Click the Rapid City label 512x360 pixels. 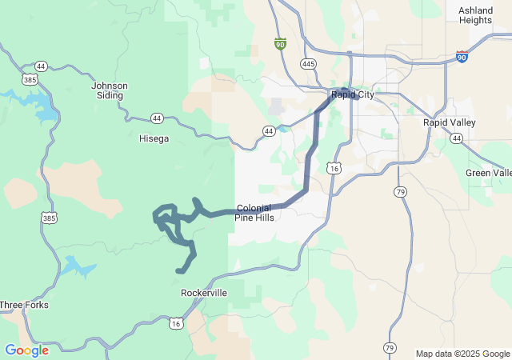353,96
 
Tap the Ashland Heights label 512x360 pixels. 475,15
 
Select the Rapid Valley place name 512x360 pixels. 449,122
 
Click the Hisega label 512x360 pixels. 154,138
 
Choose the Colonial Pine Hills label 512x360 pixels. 254,213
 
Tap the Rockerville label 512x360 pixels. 204,293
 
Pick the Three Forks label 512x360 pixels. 24,305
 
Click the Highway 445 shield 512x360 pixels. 309,63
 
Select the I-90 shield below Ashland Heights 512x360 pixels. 462,56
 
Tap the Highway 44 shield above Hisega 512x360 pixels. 157,118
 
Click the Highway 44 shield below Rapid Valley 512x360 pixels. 456,138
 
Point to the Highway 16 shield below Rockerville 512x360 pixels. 175,322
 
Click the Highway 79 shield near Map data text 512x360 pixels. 390,348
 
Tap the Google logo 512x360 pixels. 26,350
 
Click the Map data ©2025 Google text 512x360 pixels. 462,354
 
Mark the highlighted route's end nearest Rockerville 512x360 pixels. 178,271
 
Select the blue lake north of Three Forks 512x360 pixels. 75,265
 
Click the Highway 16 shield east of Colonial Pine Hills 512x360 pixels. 334,168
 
